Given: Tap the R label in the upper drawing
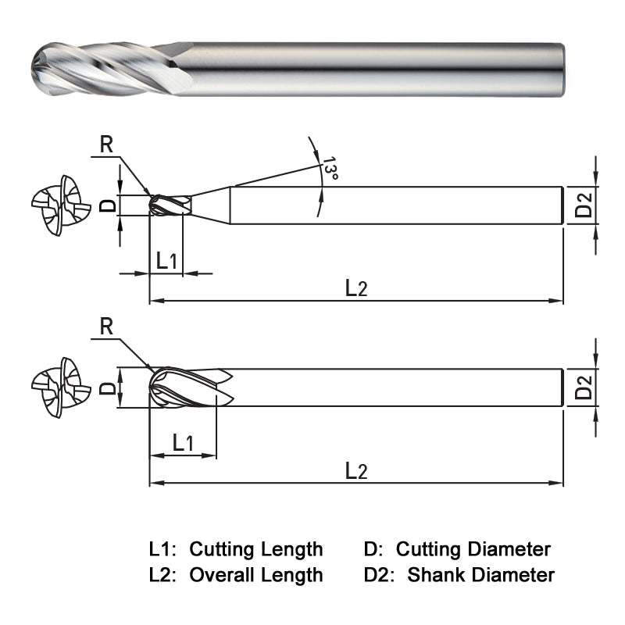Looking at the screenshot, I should coord(108,144).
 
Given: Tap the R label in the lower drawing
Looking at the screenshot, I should coord(108,327).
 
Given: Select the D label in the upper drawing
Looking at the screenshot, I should coord(109,205).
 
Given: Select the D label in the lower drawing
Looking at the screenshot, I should coord(109,387).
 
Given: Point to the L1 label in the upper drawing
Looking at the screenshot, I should coord(166,260).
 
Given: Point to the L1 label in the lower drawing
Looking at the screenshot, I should coord(183,443).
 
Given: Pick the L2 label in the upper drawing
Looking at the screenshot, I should coord(356,287).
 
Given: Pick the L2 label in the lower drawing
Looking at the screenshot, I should coord(356,470).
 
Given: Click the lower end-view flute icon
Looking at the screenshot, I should coord(56,387).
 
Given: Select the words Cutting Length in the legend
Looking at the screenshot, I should coord(255,549).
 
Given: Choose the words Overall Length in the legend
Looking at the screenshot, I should coord(255,576).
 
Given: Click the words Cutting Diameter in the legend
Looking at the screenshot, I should coord(473,549).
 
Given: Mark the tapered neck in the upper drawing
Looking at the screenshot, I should coord(211,205).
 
